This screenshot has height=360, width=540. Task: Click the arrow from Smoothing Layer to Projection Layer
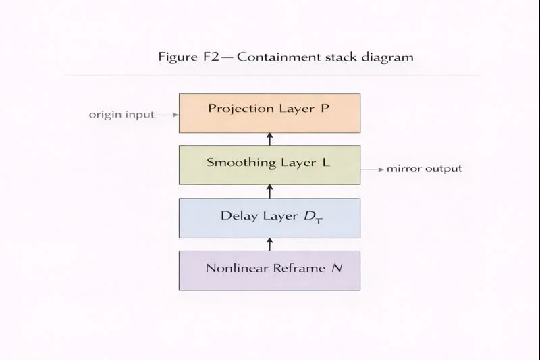tap(269, 139)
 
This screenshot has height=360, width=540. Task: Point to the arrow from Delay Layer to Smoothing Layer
tap(269, 191)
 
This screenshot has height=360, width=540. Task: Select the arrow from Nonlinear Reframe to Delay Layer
tap(269, 244)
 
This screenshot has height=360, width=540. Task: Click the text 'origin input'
tap(122, 115)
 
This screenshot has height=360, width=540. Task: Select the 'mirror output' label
tap(424, 168)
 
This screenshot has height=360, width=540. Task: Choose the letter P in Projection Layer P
tap(325, 109)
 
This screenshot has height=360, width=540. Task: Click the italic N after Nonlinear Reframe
tap(337, 268)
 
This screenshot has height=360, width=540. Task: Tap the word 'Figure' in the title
tap(178, 57)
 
